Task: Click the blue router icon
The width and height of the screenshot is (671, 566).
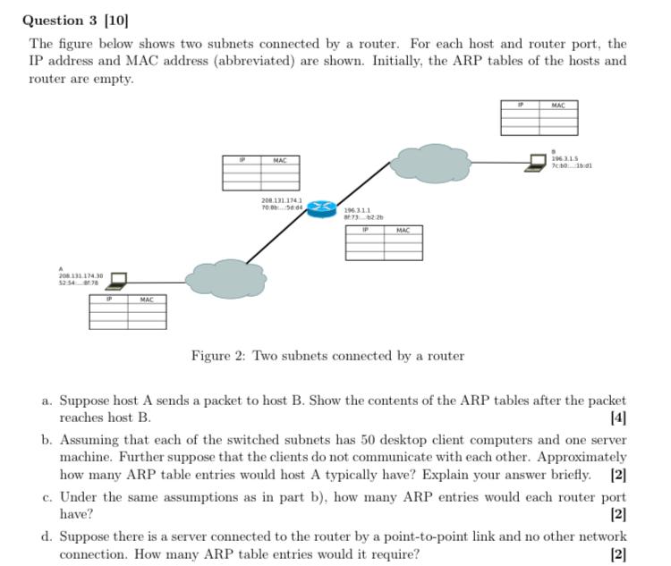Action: (321, 209)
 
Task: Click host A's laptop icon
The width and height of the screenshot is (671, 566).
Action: (116, 282)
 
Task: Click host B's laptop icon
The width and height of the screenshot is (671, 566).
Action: (537, 163)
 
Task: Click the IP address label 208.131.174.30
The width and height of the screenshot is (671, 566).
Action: (81, 276)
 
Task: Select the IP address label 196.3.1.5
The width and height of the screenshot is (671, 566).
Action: (564, 158)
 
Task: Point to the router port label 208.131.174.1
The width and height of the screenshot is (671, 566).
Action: (281, 200)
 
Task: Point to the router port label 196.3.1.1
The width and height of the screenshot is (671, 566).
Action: (357, 210)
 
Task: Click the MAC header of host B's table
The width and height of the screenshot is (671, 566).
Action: (558, 106)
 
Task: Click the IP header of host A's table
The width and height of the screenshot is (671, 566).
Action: (108, 300)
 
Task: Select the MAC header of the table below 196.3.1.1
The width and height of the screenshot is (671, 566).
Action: (403, 231)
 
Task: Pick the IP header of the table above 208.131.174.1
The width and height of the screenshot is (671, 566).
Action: (242, 160)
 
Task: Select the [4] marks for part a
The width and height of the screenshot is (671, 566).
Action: (618, 417)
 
